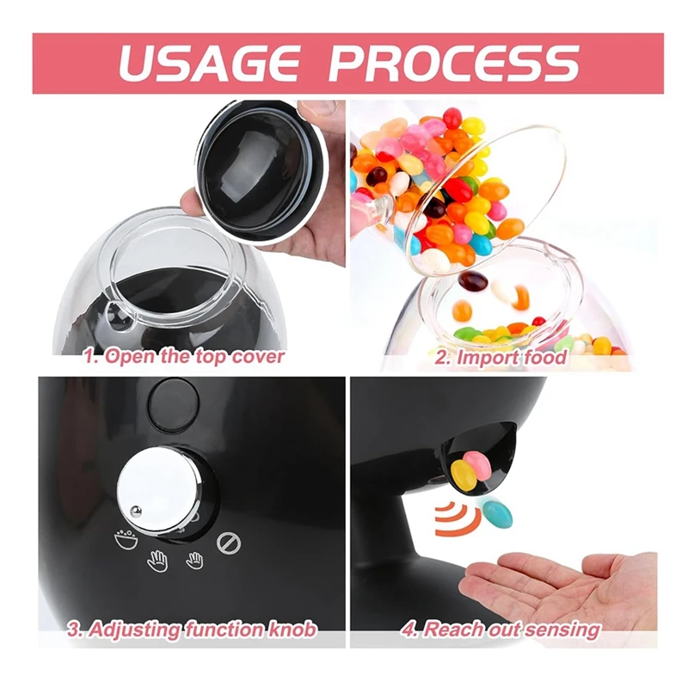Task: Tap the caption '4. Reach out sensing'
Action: (501, 630)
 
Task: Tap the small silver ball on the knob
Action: (134, 513)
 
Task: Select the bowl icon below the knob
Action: (126, 540)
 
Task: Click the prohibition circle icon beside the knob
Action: (229, 544)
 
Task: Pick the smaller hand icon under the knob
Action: (194, 559)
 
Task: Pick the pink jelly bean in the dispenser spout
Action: (478, 463)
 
